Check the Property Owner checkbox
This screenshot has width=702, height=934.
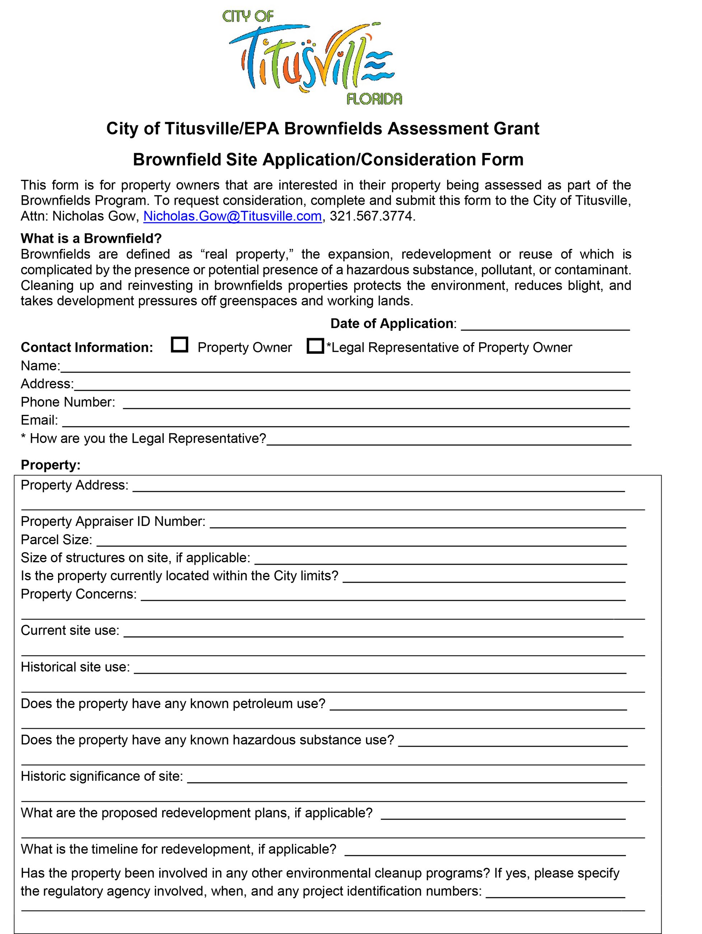point(179,345)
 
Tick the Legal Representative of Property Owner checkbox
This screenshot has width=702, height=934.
point(315,346)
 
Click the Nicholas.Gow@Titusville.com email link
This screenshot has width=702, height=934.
point(233,216)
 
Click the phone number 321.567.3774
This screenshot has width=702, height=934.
point(371,216)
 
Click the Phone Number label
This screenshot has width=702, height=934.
point(68,402)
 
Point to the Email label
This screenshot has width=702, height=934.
point(39,420)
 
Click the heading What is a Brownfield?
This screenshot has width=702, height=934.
point(91,238)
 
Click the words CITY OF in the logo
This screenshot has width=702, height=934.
point(248,17)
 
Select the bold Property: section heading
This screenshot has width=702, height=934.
point(51,465)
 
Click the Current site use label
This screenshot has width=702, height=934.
point(70,630)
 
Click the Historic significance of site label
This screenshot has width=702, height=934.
point(102,776)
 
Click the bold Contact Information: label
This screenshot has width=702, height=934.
point(87,347)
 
